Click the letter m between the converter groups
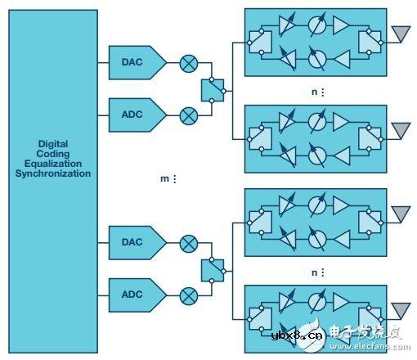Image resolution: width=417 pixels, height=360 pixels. pyautogui.click(x=161, y=179)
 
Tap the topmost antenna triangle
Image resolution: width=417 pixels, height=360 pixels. pyautogui.click(x=401, y=32)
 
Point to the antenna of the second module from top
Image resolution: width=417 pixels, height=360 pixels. pyautogui.click(x=401, y=128)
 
